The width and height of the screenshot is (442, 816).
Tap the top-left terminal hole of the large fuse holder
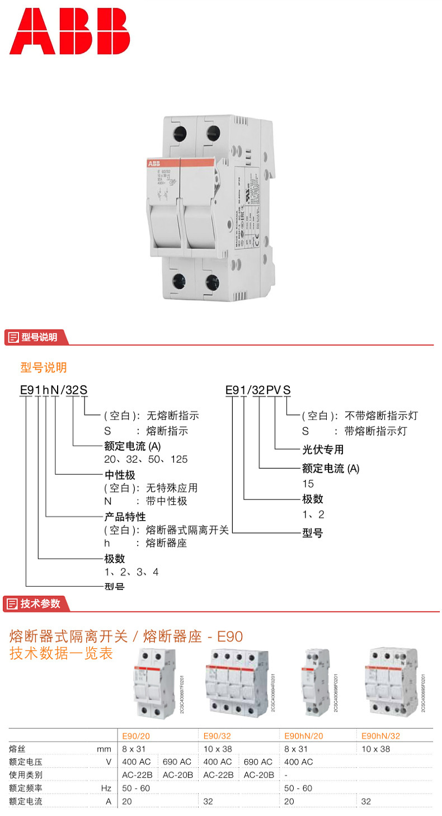[x=181, y=133]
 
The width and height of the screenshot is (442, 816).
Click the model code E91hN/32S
[x=53, y=390]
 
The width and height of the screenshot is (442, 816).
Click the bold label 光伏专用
[x=323, y=450]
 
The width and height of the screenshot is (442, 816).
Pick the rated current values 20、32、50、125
[x=145, y=459]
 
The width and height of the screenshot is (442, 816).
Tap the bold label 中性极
[x=120, y=474]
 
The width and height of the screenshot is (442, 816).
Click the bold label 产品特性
[x=125, y=517]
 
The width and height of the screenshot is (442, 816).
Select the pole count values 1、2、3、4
[x=131, y=572]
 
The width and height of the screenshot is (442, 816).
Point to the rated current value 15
[x=308, y=484]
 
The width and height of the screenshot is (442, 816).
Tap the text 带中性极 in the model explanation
[x=166, y=501]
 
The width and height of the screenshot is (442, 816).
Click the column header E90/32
[x=217, y=737]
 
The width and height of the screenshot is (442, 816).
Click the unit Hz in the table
[x=106, y=788]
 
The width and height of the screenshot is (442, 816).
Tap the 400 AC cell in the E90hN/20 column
[x=298, y=762]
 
